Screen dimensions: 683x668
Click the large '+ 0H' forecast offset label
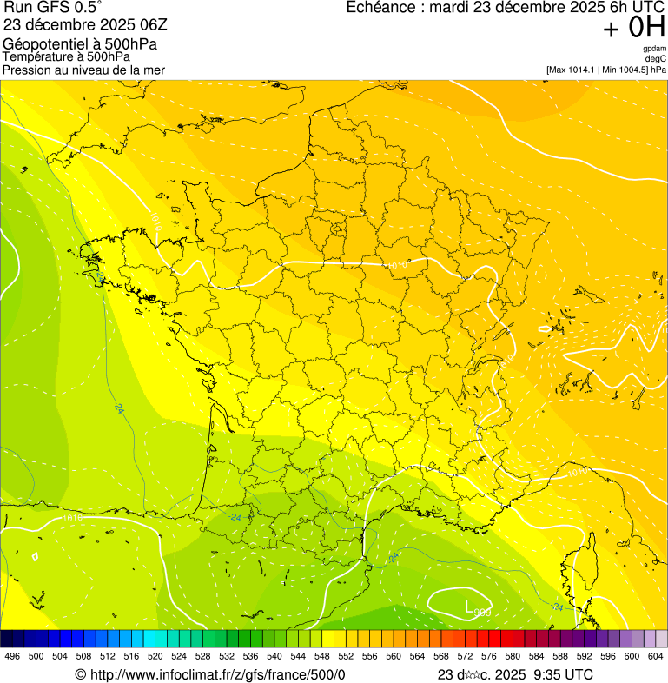pos(633,29)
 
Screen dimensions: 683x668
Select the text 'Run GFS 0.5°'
pos(53,9)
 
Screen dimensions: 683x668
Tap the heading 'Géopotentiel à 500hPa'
pos(80,44)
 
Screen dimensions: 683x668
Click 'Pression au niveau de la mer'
pos(83,70)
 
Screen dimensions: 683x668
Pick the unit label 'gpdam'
pos(655,49)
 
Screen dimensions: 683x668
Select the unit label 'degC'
pos(656,58)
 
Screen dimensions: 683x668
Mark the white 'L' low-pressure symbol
pos(468,607)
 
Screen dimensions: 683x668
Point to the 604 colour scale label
pos(655,655)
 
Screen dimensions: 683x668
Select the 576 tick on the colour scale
pos(488,655)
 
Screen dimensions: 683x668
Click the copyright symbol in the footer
pos(80,674)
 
